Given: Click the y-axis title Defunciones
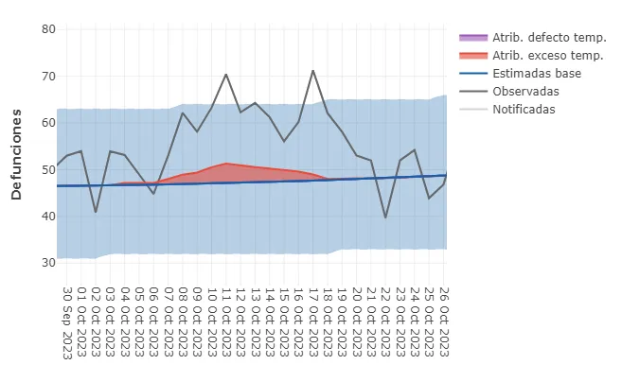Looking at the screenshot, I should coord(17,153).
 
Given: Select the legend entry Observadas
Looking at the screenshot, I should coord(525,91).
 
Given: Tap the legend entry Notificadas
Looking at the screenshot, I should coord(524,109).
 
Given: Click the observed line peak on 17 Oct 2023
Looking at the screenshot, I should coord(313,70).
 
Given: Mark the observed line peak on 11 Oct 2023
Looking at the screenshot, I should coord(226,74).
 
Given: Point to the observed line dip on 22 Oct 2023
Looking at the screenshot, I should coord(385,217).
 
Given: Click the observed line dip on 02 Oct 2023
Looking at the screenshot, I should coord(96,212).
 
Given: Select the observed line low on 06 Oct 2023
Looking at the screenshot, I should coord(153,194).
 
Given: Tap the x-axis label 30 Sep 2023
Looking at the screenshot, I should coord(67,322).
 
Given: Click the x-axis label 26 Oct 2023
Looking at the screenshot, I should coord(444,322).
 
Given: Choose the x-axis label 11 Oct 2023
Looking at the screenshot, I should coord(226,322).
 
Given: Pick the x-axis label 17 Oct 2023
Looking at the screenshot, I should coord(313,322).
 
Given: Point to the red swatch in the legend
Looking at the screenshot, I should coord(471,55).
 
